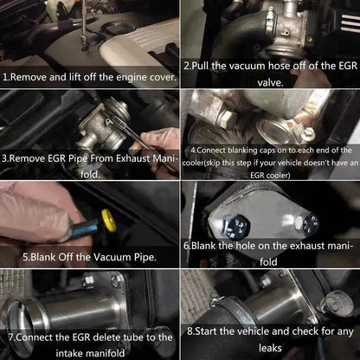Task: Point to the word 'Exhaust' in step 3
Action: point(129,158)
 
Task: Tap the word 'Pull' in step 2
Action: point(203,66)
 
